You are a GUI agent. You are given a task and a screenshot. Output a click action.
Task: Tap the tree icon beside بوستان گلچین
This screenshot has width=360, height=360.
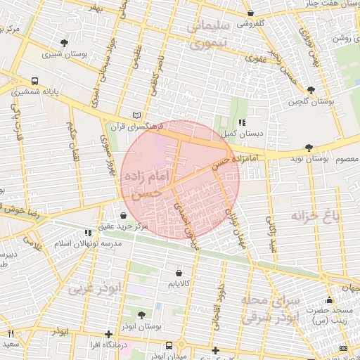pos(311,90)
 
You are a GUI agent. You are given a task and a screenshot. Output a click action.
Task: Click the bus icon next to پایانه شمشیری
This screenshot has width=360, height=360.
pos(34,80)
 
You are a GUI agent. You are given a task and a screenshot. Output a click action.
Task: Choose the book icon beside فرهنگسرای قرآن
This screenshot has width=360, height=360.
pos(137,115)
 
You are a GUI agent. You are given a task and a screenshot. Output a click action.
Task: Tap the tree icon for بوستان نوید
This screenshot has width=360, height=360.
pos(309,147)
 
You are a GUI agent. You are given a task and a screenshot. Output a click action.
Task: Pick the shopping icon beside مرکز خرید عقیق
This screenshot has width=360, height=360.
pos(124,215)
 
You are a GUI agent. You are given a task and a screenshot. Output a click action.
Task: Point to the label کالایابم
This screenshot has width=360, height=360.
pos(179,283)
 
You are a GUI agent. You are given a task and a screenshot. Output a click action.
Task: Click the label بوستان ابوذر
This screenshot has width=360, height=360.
pos(142,327)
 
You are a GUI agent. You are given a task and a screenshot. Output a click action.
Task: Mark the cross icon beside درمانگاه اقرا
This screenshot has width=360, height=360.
pos(108,335)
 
